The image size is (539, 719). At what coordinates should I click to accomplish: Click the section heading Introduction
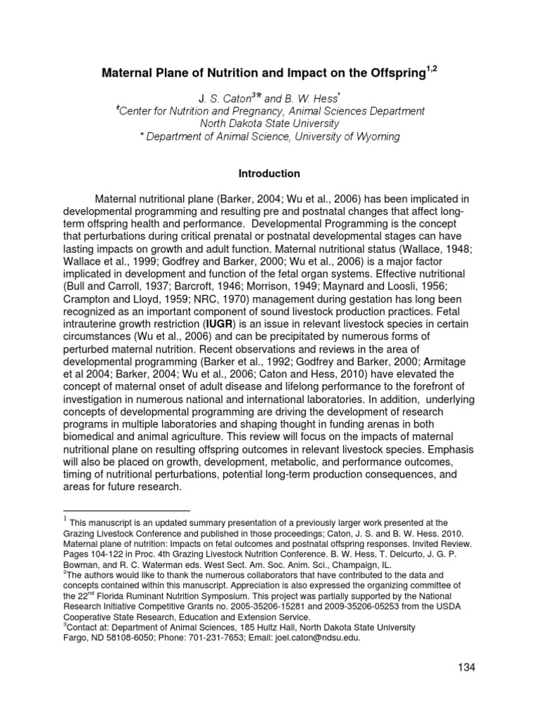tap(269, 173)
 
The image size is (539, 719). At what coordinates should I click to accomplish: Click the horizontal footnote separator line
tap(126, 510)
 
